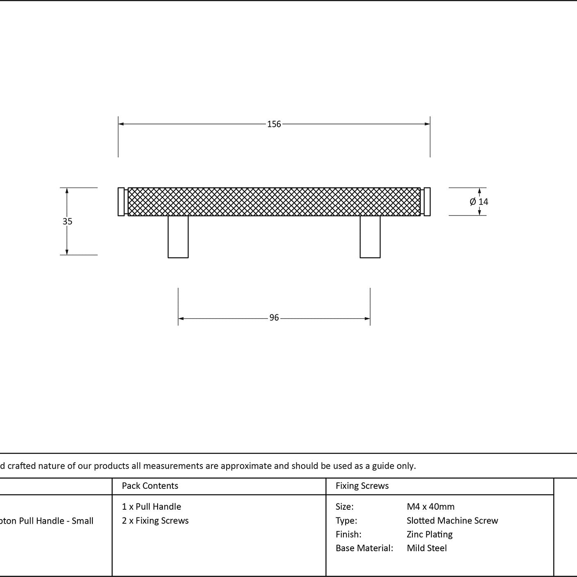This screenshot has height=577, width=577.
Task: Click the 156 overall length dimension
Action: click(x=274, y=124)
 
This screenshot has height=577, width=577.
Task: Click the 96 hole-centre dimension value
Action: click(x=274, y=317)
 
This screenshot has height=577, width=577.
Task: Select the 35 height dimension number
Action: click(x=67, y=221)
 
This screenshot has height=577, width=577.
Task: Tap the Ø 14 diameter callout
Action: click(x=479, y=201)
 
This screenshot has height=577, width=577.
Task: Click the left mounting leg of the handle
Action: click(x=178, y=236)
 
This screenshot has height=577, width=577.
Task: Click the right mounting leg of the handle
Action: click(x=370, y=236)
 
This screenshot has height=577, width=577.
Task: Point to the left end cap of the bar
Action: click(x=121, y=201)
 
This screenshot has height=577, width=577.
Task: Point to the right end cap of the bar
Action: click(x=427, y=201)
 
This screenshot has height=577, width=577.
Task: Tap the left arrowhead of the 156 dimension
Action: click(x=121, y=124)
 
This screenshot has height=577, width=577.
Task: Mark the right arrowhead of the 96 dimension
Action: click(x=367, y=318)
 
